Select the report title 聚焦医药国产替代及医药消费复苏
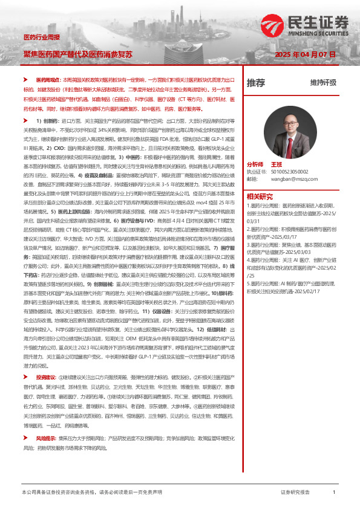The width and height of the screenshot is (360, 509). coord(78,54)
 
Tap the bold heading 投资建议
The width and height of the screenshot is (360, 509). coord(47,394)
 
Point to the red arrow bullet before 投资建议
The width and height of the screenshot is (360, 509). coord(25,394)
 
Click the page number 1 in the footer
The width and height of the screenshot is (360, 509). coord(334,493)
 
